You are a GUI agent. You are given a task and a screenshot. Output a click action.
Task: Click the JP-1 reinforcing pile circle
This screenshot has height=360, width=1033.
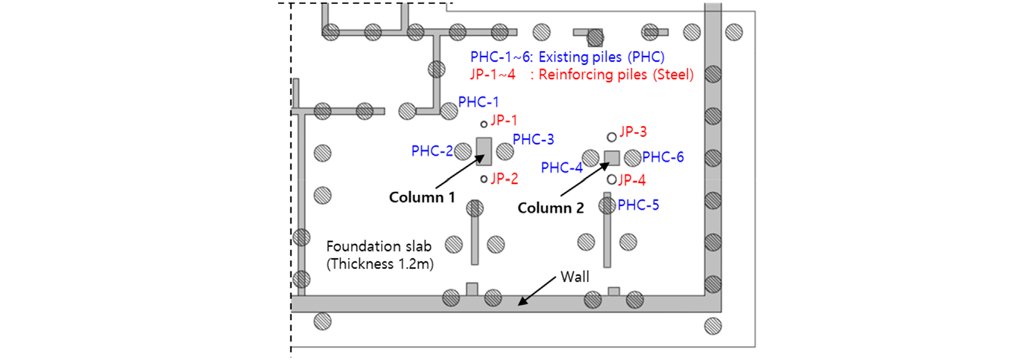(484, 124)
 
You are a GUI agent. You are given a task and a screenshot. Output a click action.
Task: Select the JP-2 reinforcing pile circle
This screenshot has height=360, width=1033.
(484, 179)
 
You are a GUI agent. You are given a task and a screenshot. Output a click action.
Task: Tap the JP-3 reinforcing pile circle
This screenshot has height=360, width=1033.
(612, 137)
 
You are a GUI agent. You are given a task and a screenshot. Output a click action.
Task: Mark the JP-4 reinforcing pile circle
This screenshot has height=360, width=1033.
(612, 179)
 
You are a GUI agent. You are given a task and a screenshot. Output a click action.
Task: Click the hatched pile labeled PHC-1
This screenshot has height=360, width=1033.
(449, 111)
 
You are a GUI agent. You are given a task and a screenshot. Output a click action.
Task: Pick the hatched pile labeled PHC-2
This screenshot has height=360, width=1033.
(462, 151)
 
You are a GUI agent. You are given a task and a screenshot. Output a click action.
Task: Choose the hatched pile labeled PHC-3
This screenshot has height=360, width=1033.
(505, 151)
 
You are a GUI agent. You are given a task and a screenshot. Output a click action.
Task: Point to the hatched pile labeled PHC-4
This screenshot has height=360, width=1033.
(591, 158)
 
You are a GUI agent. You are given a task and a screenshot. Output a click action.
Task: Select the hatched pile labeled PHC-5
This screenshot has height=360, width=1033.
(607, 206)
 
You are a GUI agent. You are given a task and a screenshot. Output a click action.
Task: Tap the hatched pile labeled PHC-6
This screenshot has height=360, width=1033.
(633, 158)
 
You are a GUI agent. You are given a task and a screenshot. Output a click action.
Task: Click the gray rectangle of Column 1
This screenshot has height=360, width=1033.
(484, 151)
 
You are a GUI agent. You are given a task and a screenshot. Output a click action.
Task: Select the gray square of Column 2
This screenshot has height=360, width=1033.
(612, 158)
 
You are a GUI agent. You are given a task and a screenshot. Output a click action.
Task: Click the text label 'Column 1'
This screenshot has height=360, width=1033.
(422, 197)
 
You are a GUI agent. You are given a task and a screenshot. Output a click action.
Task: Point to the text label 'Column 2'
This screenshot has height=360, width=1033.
(550, 208)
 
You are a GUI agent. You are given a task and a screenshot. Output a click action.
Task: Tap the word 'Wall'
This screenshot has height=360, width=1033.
(575, 277)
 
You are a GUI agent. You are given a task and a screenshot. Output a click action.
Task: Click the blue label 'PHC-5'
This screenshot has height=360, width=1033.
(638, 205)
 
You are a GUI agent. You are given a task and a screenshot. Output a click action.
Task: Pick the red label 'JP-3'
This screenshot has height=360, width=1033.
(633, 132)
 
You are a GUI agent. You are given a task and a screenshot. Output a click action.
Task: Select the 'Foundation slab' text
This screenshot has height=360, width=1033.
(379, 246)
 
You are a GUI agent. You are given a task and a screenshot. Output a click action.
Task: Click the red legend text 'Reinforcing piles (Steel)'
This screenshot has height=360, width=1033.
(616, 75)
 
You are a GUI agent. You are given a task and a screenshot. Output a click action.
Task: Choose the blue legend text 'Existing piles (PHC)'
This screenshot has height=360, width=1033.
(601, 57)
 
